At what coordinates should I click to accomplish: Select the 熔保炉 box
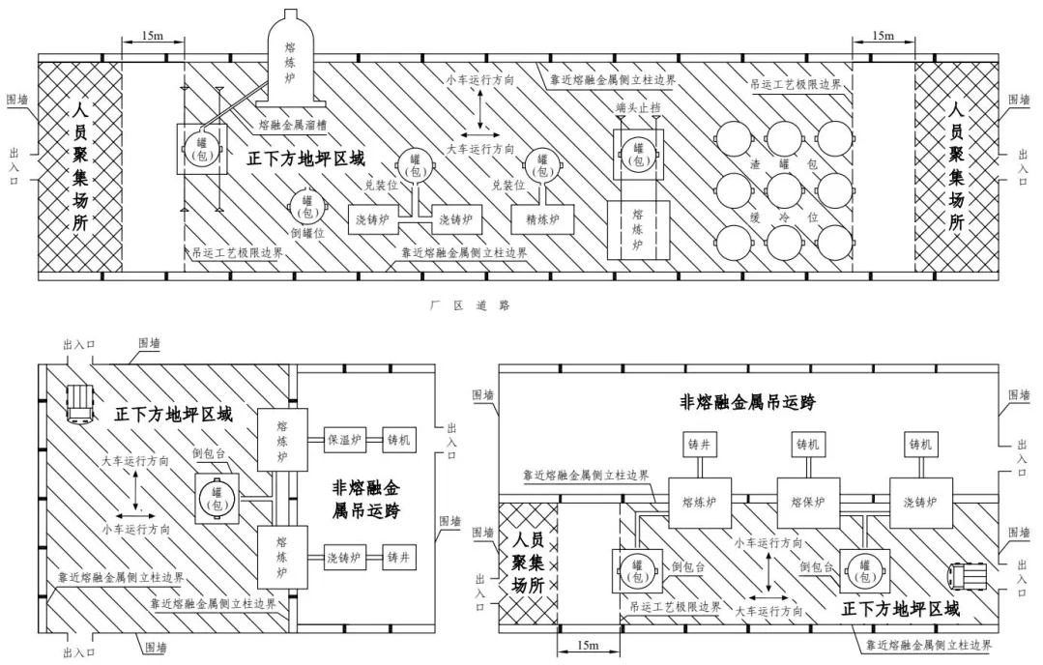click(x=808, y=502)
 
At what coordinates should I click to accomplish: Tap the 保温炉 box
click(x=344, y=440)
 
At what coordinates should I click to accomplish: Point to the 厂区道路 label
click(x=471, y=305)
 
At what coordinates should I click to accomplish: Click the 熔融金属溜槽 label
click(x=293, y=125)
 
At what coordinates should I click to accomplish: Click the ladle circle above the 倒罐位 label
click(x=307, y=206)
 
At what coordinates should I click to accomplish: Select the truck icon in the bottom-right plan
click(x=969, y=575)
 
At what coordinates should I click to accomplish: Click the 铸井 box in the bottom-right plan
click(x=700, y=445)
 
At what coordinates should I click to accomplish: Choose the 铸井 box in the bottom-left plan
click(x=399, y=558)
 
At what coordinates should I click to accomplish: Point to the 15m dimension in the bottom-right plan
click(x=588, y=646)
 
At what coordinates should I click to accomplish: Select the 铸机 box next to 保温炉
click(x=399, y=440)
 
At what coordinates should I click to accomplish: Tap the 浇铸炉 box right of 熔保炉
click(x=920, y=502)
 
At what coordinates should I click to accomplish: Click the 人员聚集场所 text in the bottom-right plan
click(x=528, y=562)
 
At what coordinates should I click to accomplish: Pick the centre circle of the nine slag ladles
click(x=784, y=189)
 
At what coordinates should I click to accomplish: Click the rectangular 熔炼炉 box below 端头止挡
click(x=639, y=230)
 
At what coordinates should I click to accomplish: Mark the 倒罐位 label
click(x=307, y=233)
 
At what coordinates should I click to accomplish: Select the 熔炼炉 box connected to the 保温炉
click(x=282, y=440)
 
